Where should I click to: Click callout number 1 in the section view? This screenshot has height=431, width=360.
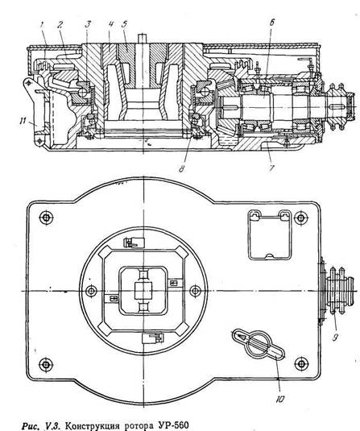click(x=42, y=25)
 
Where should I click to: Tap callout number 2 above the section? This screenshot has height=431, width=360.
click(x=60, y=25)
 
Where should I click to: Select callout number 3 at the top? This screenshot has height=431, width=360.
click(x=88, y=24)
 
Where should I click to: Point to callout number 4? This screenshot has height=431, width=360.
click(x=111, y=24)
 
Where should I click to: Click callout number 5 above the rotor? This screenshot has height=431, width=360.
click(x=124, y=24)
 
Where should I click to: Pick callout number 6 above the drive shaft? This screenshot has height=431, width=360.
click(x=271, y=23)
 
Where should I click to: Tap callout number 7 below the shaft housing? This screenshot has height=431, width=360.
click(x=271, y=168)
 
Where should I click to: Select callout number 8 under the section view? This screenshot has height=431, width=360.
click(x=181, y=168)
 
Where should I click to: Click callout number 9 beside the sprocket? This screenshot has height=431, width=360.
click(x=335, y=338)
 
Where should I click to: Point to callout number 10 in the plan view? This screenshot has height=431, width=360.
click(x=280, y=399)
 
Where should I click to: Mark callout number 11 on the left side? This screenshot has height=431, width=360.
click(x=23, y=121)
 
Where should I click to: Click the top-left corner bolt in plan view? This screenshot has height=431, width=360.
click(x=46, y=218)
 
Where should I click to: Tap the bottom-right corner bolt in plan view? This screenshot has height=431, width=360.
click(x=301, y=363)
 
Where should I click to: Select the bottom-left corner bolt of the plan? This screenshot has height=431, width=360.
click(x=46, y=364)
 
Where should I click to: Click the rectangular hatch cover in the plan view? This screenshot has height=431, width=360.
click(x=270, y=235)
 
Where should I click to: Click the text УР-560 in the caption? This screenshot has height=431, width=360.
click(x=172, y=425)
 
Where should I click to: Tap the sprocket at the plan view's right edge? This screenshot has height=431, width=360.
click(x=339, y=290)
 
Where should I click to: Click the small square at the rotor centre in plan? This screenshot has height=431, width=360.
click(x=143, y=291)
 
